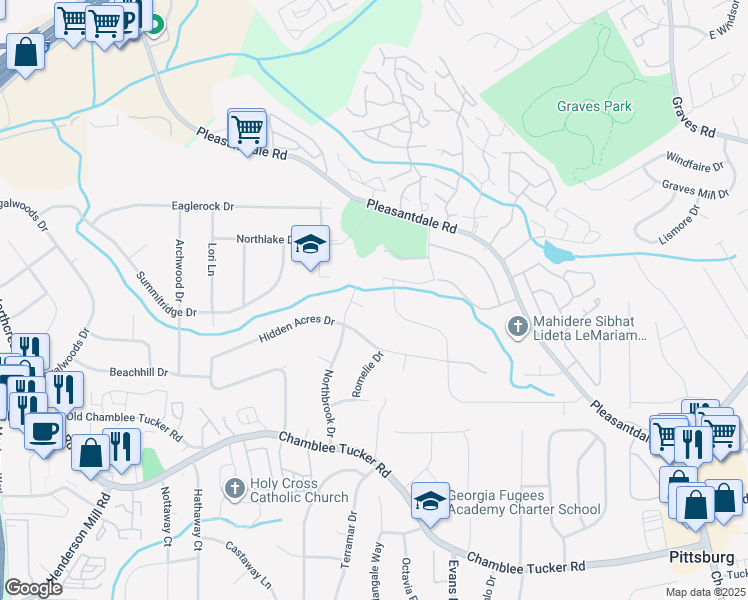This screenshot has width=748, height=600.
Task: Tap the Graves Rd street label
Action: coord(693,118)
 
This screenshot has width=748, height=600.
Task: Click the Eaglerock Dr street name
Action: coord(201,206)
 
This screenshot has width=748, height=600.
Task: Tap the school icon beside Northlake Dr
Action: coord(310,243)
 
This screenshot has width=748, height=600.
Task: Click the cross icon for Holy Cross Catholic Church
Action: coord(234,488)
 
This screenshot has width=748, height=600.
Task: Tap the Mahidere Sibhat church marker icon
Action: coord(517,326)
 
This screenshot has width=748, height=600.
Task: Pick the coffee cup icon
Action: coord(42,431)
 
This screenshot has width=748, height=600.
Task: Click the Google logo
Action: coord(34,587)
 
